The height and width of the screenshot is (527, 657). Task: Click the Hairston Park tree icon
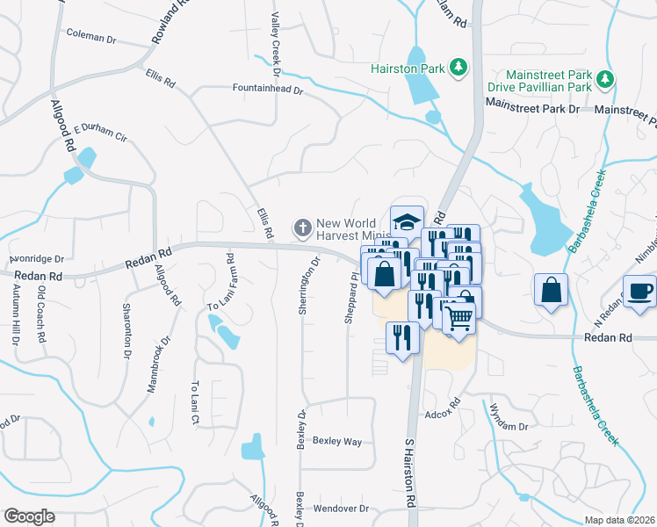pyautogui.click(x=457, y=67)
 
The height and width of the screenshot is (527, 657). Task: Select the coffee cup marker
pyautogui.click(x=639, y=291)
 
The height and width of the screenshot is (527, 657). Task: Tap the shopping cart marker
pyautogui.click(x=458, y=319)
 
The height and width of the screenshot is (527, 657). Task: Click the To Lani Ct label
pyautogui.click(x=196, y=403)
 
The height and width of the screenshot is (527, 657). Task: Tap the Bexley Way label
pyautogui.click(x=337, y=441)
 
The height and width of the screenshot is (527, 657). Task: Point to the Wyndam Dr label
pyautogui.click(x=509, y=416)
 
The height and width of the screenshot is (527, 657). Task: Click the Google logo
pyautogui.click(x=30, y=516)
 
